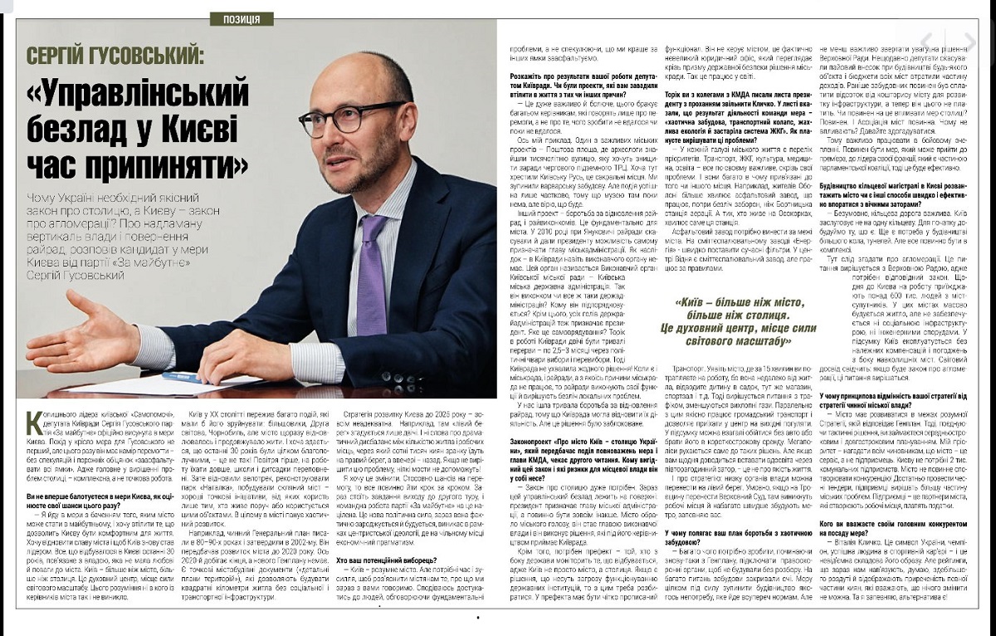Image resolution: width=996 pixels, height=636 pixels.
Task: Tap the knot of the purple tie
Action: [373, 227]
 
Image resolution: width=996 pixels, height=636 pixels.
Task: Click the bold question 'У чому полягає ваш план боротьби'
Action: [734, 535]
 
